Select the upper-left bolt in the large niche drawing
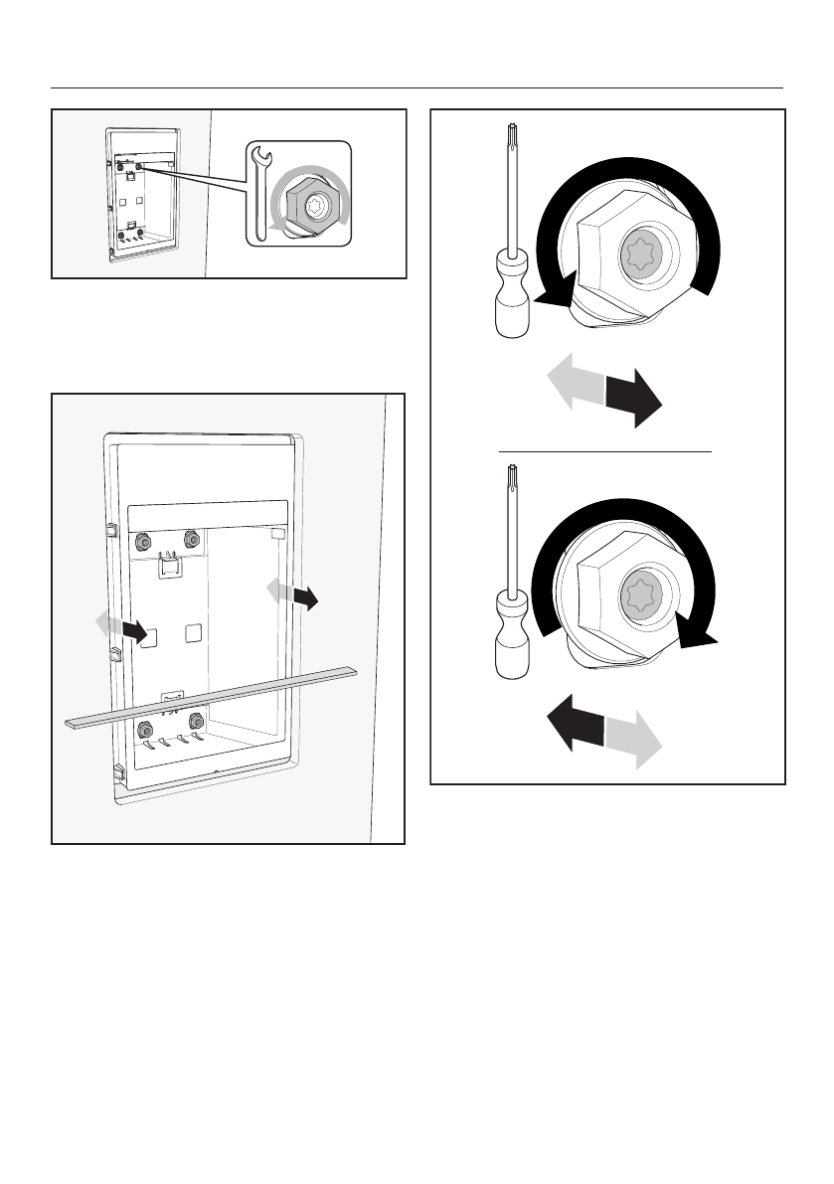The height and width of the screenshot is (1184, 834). coord(142,542)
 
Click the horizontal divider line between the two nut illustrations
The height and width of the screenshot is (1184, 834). coord(605,451)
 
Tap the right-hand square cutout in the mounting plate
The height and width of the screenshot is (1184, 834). coord(194,631)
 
